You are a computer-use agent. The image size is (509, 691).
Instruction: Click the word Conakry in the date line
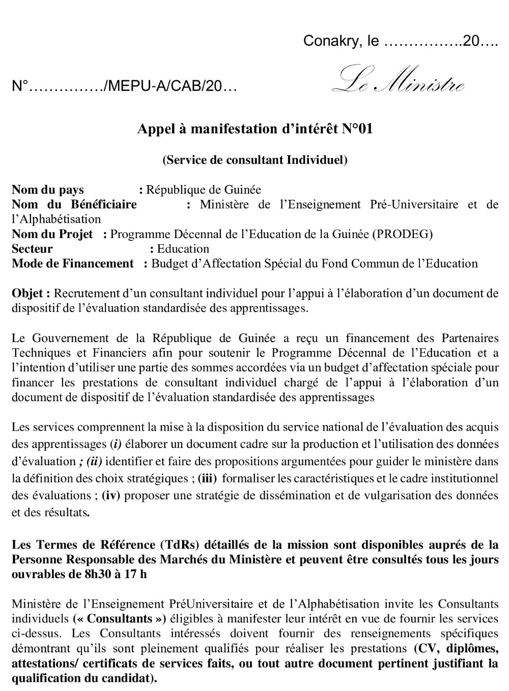(x=326, y=41)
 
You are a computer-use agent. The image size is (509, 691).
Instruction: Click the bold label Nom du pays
(x=48, y=190)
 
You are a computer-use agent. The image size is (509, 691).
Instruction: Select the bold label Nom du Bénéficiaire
(x=74, y=205)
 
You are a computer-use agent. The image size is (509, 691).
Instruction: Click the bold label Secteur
(x=32, y=249)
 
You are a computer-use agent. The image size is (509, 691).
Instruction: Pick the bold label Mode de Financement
(x=73, y=264)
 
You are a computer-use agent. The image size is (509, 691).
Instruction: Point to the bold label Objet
(x=30, y=293)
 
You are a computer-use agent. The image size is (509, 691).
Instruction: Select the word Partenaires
(x=470, y=338)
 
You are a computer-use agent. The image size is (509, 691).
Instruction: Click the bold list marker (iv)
(x=110, y=495)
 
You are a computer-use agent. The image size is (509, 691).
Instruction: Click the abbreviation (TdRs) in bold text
(x=180, y=545)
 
